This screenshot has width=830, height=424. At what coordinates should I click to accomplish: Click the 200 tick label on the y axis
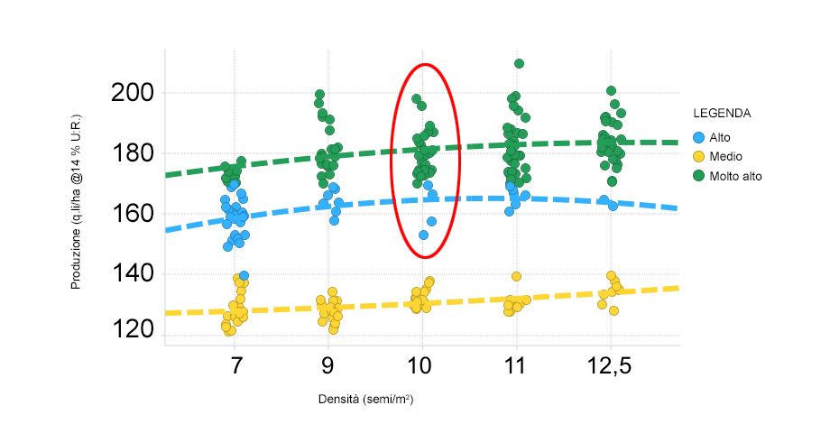[133, 93]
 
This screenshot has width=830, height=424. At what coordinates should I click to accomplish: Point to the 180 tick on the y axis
[133, 153]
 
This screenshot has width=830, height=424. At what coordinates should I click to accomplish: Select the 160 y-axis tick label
[133, 214]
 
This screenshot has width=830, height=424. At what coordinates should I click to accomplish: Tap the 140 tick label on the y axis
[133, 273]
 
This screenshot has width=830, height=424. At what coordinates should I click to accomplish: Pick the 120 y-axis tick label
[133, 333]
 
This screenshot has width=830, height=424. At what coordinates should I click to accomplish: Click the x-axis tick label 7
[236, 367]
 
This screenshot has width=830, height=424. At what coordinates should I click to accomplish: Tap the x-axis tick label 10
[421, 367]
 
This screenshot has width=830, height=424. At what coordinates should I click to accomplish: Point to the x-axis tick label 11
[515, 367]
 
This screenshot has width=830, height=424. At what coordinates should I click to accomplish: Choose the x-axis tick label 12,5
[611, 367]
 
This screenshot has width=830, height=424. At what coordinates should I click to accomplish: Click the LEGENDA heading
[722, 115]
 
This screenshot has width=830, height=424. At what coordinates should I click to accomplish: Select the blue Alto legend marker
[698, 137]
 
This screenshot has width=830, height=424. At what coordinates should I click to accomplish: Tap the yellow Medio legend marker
[698, 157]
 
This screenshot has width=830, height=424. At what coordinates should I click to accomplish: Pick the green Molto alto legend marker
[698, 177]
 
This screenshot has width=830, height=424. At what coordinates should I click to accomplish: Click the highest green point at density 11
[519, 64]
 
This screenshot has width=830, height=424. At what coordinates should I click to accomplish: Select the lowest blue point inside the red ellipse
[423, 235]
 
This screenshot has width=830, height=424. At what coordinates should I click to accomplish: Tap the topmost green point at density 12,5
[611, 91]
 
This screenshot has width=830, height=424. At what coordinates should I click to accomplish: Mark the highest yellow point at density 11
[516, 277]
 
